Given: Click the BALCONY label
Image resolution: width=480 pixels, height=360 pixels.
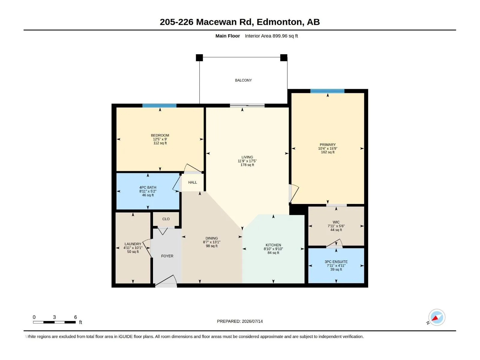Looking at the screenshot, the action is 243,80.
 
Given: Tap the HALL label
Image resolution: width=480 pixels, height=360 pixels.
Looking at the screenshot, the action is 192,182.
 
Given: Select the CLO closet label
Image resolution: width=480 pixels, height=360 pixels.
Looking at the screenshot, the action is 166,219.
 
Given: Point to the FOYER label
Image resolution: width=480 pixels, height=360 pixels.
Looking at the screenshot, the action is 167,256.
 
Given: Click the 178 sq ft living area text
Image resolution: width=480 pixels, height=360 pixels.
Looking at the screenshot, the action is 247,165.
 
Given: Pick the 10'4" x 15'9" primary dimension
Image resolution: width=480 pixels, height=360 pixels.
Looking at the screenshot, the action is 328,148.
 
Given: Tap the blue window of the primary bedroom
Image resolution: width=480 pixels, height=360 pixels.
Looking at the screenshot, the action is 327,91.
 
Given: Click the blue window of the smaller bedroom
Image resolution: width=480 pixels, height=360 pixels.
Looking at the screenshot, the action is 159,106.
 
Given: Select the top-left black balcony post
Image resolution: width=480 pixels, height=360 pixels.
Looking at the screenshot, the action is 199,58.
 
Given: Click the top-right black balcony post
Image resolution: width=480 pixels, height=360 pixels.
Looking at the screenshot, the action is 283,58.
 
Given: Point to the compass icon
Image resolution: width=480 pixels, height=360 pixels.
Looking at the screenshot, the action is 437,317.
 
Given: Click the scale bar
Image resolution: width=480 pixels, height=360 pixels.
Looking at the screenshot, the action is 54,322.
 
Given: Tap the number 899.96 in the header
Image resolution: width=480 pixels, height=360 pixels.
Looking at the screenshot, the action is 280,36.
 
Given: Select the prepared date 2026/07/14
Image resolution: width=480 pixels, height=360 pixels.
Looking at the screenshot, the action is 252,321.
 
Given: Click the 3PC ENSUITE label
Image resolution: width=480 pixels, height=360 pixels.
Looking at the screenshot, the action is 336,262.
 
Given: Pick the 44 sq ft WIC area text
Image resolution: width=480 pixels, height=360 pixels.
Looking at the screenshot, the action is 336,230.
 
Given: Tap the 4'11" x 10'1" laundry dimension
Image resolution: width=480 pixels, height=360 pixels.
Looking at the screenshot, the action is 133,248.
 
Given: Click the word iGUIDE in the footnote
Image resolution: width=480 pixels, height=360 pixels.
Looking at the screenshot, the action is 125,337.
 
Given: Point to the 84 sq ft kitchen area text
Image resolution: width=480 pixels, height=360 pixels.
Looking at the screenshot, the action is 273,253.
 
